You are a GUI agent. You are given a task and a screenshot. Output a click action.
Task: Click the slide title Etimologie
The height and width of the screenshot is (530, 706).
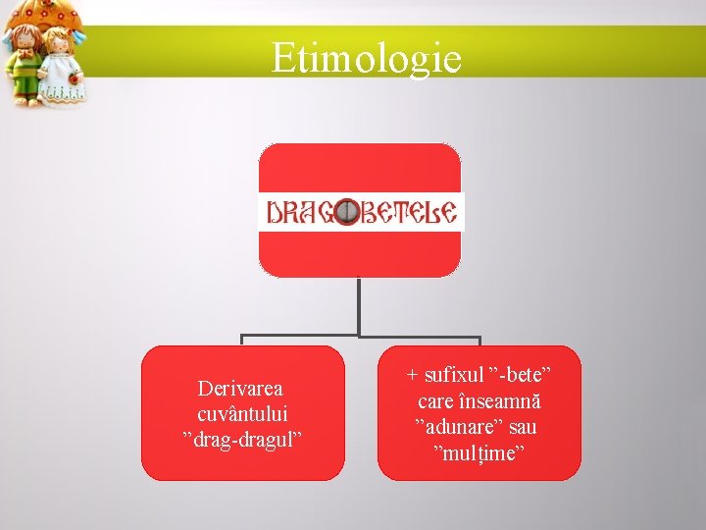pyautogui.click(x=366, y=58)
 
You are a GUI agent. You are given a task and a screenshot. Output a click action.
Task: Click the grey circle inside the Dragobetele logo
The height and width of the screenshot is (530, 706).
pyautogui.click(x=345, y=212)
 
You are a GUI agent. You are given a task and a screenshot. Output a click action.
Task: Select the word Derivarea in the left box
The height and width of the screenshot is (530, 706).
pyautogui.click(x=240, y=390)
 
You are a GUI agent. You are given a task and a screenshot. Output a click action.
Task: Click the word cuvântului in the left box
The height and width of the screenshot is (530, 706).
pyautogui.click(x=241, y=414)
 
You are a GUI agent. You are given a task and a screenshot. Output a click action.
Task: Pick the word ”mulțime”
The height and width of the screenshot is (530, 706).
pyautogui.click(x=479, y=452)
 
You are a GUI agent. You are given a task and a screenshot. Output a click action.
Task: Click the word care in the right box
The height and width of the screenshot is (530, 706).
pyautogui.click(x=435, y=401)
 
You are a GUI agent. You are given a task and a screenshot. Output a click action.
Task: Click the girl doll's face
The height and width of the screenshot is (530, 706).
pyautogui.click(x=59, y=44)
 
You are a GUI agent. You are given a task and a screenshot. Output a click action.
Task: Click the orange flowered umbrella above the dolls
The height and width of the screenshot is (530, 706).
pyautogui.click(x=44, y=12)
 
